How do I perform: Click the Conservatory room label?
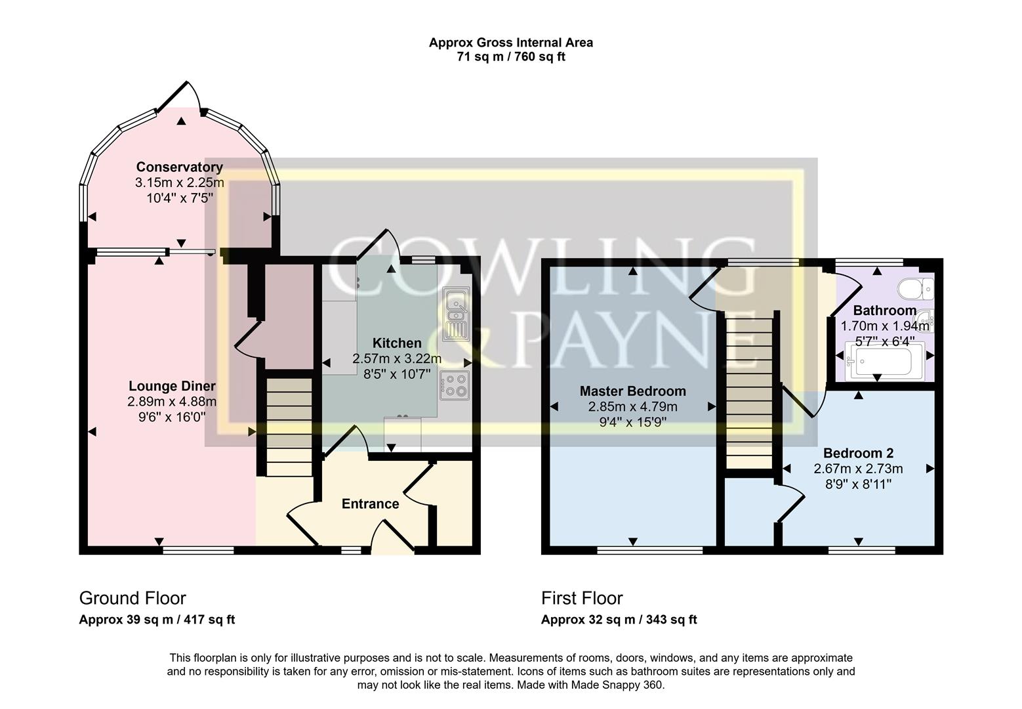tap(179, 167)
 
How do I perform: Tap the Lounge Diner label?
tap(172, 387)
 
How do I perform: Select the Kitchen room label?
tap(397, 343)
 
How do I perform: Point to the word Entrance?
tap(370, 504)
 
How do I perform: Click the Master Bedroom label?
tap(632, 391)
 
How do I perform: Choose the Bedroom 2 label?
tap(858, 454)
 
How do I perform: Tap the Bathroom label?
tap(884, 311)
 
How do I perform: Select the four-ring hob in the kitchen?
tap(454, 385)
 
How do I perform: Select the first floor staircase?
tap(748, 391)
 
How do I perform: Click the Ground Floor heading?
tap(133, 598)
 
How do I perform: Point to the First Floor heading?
tap(582, 598)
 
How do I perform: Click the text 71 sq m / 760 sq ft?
tap(511, 57)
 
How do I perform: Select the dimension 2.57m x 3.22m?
tap(397, 359)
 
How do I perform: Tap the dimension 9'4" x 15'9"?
tap(632, 423)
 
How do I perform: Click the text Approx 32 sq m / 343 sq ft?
tap(619, 620)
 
